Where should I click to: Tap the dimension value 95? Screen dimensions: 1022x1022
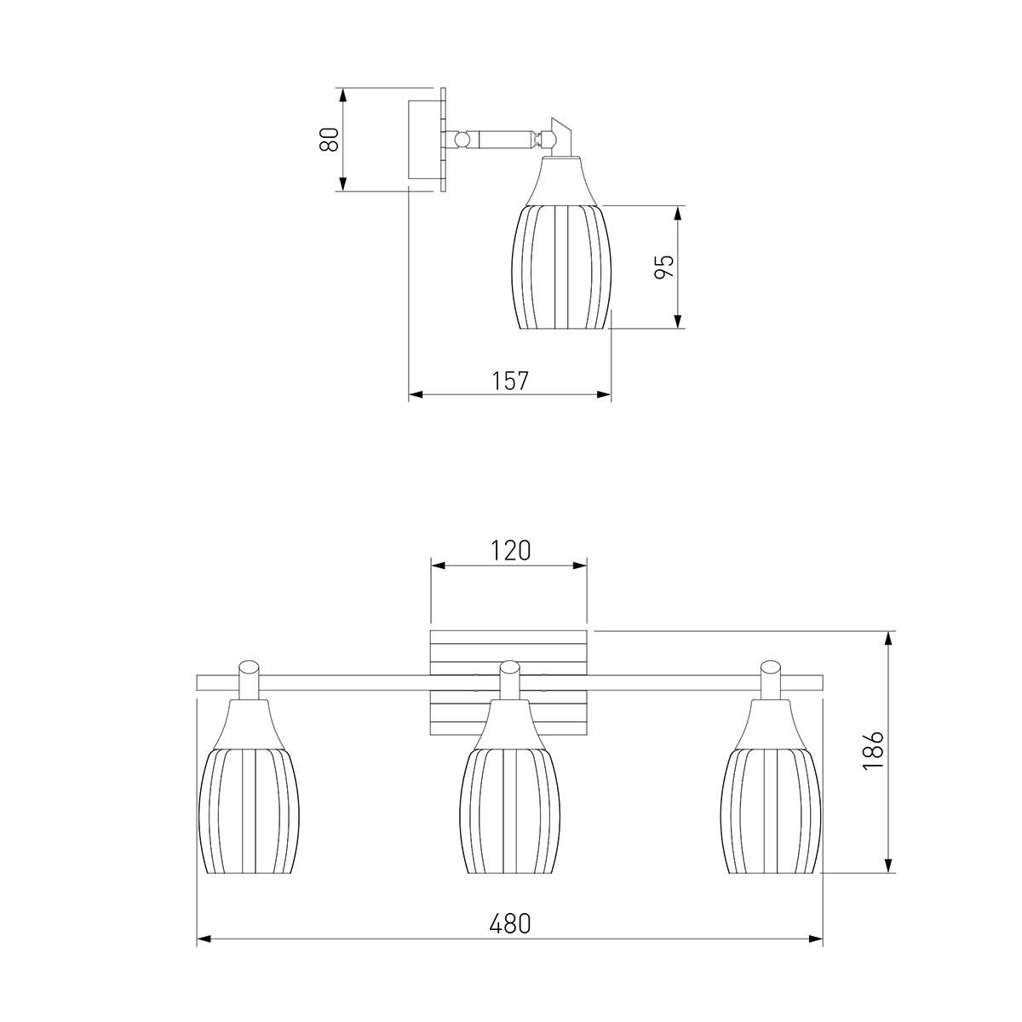pyautogui.click(x=664, y=267)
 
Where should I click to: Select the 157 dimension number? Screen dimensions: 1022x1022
pyautogui.click(x=511, y=381)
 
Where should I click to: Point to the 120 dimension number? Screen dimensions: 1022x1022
pyautogui.click(x=510, y=550)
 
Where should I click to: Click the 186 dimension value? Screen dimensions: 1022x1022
pyautogui.click(x=873, y=750)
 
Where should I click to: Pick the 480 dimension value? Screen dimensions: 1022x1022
pyautogui.click(x=510, y=923)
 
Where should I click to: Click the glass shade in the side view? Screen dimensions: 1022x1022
pyautogui.click(x=561, y=267)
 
